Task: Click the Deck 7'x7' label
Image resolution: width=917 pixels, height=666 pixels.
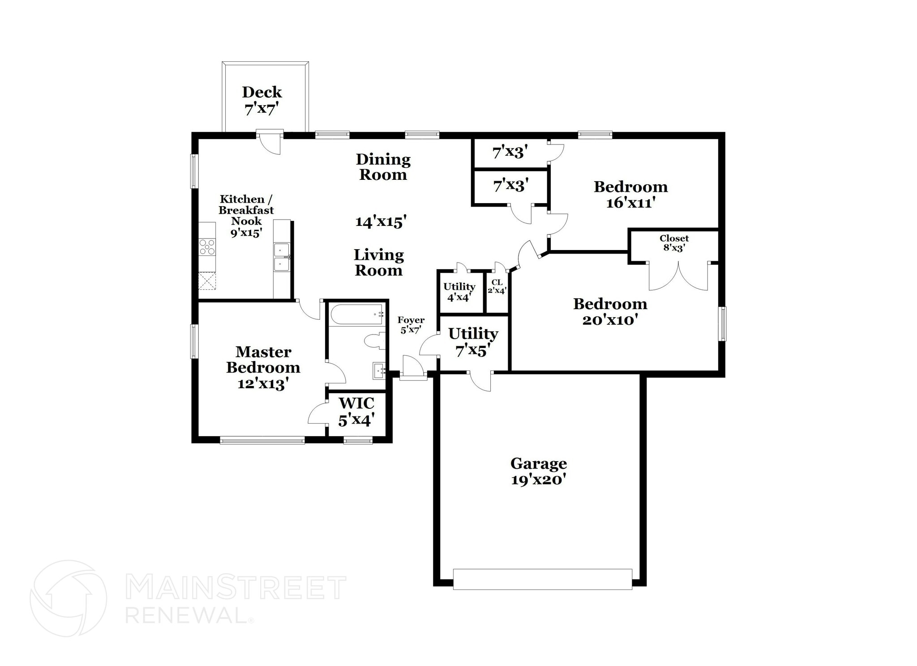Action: [262, 101]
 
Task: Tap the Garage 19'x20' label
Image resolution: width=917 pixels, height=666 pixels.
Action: [539, 471]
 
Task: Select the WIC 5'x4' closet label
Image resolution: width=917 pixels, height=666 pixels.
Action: [356, 411]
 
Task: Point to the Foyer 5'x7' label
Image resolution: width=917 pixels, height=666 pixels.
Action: [411, 325]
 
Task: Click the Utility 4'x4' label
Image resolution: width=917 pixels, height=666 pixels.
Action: [459, 292]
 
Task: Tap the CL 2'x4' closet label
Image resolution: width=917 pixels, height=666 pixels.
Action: [497, 287]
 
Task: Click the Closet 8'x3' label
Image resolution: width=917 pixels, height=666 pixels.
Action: [674, 243]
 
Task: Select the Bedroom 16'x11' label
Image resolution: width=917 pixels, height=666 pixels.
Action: [630, 194]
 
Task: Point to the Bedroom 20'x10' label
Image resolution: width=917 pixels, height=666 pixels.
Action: [610, 311]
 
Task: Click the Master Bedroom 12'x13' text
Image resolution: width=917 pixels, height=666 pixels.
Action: [263, 368]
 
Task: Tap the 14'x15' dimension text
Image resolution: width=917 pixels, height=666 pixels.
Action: [381, 221]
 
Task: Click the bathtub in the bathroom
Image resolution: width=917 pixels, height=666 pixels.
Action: [357, 314]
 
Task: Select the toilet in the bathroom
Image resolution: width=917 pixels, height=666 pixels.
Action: [375, 341]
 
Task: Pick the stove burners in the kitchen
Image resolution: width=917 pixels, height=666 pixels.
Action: [207, 247]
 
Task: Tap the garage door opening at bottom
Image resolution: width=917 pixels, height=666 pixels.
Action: [542, 579]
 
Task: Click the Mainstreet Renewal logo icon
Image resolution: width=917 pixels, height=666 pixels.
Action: [68, 598]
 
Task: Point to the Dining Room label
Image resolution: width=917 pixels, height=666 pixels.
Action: [383, 167]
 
